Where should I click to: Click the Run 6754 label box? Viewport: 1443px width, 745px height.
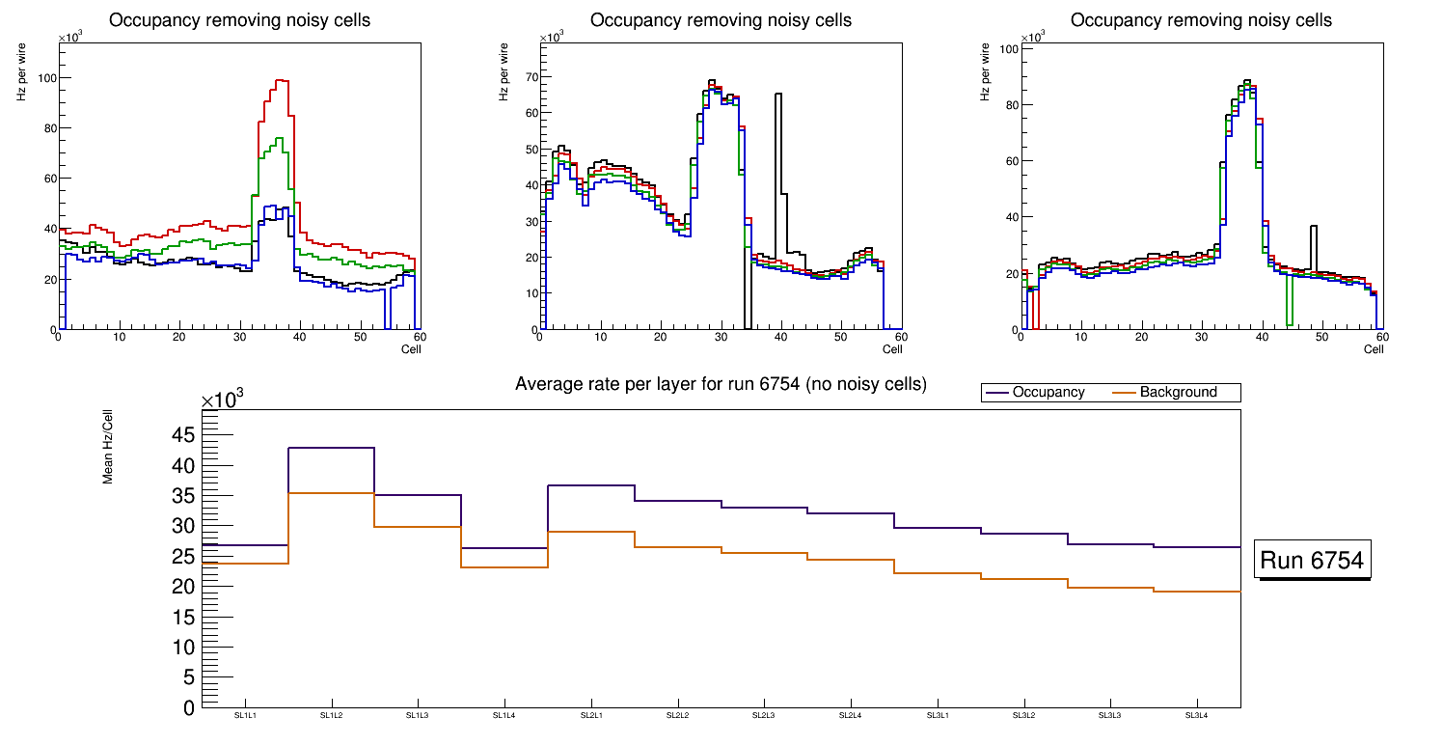pyautogui.click(x=1314, y=561)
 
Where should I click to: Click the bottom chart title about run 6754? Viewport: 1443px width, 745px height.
pyautogui.click(x=721, y=384)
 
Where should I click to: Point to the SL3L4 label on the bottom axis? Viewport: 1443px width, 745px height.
pyautogui.click(x=1196, y=715)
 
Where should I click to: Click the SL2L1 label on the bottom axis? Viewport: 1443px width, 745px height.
pyautogui.click(x=590, y=715)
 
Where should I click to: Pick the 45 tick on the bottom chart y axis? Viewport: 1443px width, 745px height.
pyautogui.click(x=184, y=436)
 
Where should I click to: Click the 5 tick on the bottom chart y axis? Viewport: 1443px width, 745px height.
pyautogui.click(x=189, y=677)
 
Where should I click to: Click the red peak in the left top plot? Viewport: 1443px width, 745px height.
pyautogui.click(x=282, y=81)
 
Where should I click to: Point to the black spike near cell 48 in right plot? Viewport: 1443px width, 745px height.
pyautogui.click(x=1314, y=227)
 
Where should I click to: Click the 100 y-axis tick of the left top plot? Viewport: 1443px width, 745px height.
pyautogui.click(x=44, y=78)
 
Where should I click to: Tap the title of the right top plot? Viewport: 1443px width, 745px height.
pyautogui.click(x=1201, y=20)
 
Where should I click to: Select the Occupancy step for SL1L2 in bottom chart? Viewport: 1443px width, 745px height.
pyautogui.click(x=331, y=448)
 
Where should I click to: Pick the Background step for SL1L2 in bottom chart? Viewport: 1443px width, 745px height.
pyautogui.click(x=331, y=493)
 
